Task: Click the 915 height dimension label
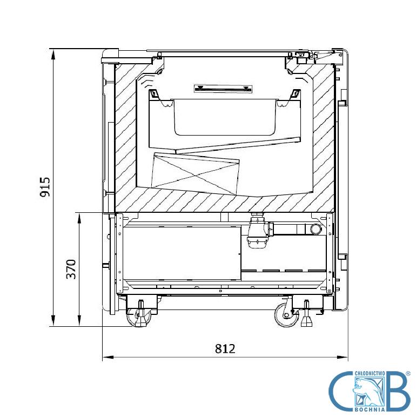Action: point(45,187)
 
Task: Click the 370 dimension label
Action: point(71,269)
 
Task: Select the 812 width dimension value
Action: point(225,348)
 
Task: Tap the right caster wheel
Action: point(287,315)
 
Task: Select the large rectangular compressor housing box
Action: point(182,253)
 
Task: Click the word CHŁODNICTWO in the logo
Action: point(370,374)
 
